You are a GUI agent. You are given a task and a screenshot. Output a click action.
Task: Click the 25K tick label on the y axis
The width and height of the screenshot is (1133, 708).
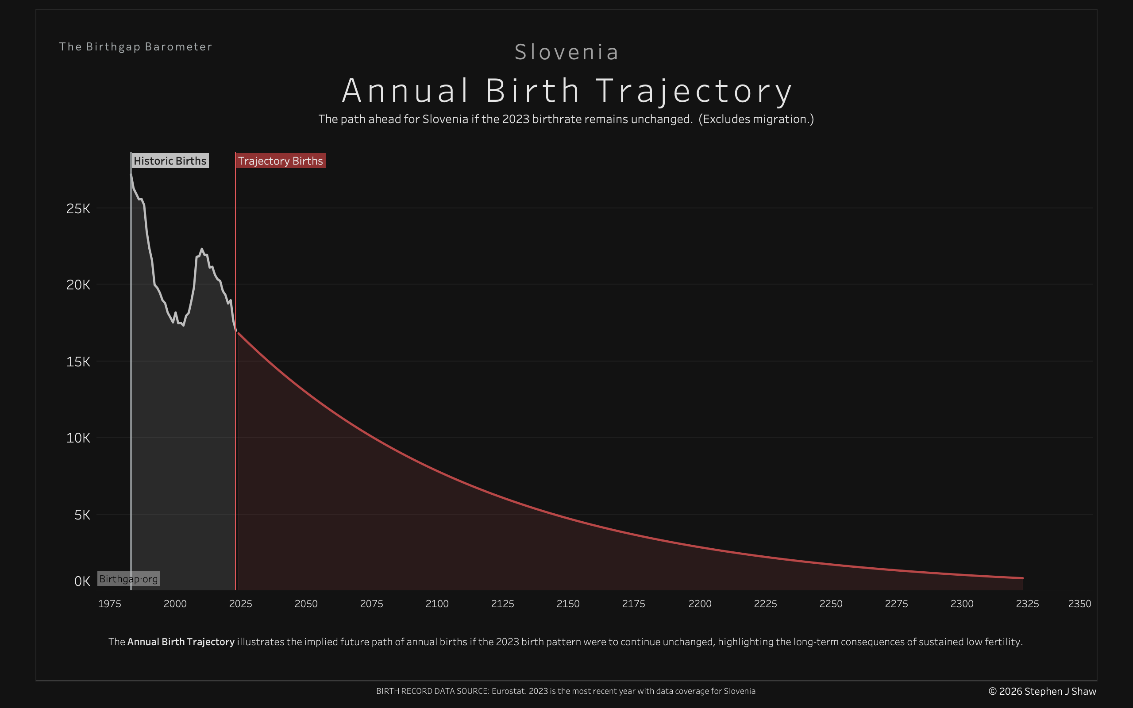point(78,209)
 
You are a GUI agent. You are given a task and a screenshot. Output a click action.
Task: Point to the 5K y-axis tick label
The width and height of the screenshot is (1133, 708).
point(82,515)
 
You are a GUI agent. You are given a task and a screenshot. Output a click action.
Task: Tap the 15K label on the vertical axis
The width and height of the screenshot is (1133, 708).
point(78,362)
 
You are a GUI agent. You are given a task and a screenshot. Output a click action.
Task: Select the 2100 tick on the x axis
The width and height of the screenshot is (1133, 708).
point(437,604)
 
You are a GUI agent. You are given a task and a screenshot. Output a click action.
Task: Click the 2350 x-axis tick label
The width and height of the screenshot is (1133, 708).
point(1079,604)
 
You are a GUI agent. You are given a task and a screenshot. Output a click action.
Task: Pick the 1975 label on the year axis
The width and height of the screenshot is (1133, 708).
point(110,604)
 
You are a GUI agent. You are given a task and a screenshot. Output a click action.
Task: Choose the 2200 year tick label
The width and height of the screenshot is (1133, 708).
point(699,604)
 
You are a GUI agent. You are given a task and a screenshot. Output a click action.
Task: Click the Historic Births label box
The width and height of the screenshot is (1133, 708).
point(170,161)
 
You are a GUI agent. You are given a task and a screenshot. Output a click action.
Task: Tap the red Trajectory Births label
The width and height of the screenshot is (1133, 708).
point(280,161)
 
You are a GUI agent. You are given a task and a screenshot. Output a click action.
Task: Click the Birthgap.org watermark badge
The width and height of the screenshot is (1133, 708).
point(129,579)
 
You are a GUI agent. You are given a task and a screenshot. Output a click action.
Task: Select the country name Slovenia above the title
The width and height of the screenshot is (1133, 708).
point(566,52)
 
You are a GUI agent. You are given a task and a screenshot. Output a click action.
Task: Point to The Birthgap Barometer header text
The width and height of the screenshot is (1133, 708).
point(136,47)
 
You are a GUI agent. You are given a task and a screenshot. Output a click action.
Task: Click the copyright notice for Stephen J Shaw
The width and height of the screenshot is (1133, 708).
point(1042,692)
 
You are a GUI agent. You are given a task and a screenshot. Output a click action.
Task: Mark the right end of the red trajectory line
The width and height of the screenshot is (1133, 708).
point(1022,578)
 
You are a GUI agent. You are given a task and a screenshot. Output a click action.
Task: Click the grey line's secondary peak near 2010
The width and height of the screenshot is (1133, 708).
point(202,249)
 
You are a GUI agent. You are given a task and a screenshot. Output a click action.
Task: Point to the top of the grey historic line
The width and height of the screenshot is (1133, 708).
point(131,175)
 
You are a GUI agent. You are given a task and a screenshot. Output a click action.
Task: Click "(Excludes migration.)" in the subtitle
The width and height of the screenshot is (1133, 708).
point(756,119)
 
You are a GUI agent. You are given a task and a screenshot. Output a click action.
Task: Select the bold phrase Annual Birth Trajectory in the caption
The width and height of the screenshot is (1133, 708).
point(181,642)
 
